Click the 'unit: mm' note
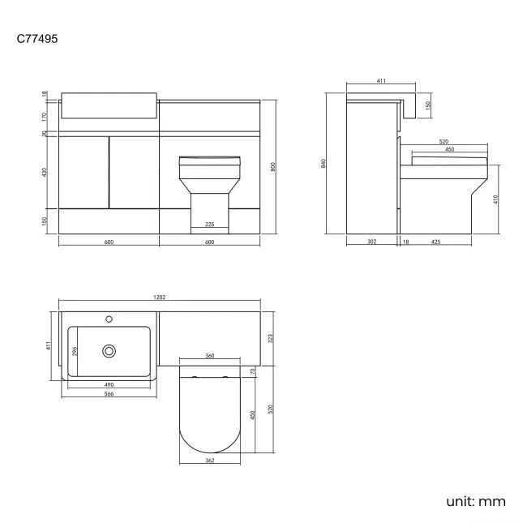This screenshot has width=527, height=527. click(476, 500)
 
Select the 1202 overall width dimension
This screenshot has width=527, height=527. click(160, 298)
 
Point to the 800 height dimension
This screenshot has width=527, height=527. click(273, 167)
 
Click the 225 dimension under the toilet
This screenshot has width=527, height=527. click(209, 225)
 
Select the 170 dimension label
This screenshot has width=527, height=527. click(45, 116)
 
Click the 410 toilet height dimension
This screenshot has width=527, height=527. click(495, 199)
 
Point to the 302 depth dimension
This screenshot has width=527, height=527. click(371, 241)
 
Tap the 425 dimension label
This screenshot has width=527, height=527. click(436, 241)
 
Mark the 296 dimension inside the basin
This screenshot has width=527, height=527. click(75, 351)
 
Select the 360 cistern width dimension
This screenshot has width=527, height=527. click(209, 356)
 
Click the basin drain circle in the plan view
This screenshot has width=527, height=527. click(109, 351)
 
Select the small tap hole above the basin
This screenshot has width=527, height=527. click(109, 318)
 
